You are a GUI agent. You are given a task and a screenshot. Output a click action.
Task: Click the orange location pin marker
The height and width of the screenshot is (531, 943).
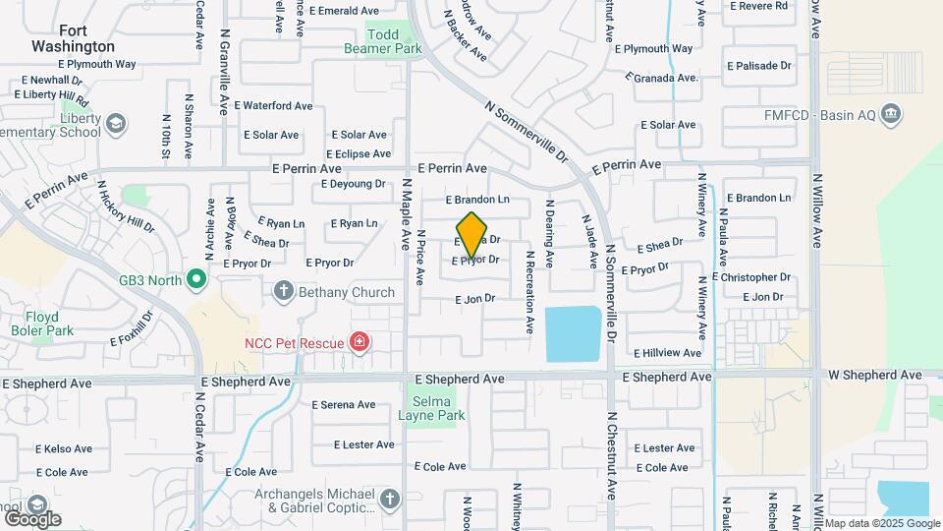click(x=472, y=234)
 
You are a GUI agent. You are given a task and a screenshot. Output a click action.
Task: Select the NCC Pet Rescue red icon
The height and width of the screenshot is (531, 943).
click(x=361, y=343)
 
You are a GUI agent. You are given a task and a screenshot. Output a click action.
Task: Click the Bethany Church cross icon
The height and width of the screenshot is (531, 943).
click(x=284, y=291)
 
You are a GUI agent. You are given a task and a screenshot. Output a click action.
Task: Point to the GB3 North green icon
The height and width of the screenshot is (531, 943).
click(x=195, y=280)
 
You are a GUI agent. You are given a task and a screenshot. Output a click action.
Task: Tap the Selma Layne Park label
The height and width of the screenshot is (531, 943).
click(x=431, y=408)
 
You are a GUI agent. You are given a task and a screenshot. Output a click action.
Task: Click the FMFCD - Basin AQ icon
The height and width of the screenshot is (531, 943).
click(x=891, y=114)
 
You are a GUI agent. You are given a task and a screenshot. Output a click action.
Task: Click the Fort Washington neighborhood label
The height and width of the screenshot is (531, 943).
click(x=73, y=38)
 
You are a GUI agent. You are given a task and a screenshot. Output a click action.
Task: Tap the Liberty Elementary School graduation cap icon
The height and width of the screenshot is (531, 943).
click(x=116, y=124)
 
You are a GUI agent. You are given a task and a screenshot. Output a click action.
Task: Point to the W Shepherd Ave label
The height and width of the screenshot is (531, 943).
click(x=874, y=375)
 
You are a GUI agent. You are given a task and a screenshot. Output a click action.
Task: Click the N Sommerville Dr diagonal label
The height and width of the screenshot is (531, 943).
click(x=527, y=131)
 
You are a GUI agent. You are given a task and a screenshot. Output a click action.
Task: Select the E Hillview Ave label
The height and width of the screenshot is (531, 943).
click(x=667, y=352)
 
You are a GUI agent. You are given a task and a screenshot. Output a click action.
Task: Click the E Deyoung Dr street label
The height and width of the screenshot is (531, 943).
click(x=353, y=184)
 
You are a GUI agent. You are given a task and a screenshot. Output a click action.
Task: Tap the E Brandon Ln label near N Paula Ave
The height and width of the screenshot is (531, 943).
click(x=758, y=198)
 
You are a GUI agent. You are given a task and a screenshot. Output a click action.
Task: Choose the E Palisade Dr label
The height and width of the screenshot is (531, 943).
click(x=759, y=66)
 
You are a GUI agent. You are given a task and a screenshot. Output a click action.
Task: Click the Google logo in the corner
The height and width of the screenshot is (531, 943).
click(x=32, y=518)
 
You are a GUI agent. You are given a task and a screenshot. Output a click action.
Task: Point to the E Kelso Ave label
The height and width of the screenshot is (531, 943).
click(x=64, y=448)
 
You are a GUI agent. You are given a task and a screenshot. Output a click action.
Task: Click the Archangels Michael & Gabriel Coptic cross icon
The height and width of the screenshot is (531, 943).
click(x=389, y=500)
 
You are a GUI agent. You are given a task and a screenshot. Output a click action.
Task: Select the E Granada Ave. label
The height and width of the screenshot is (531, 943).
click(x=662, y=78)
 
